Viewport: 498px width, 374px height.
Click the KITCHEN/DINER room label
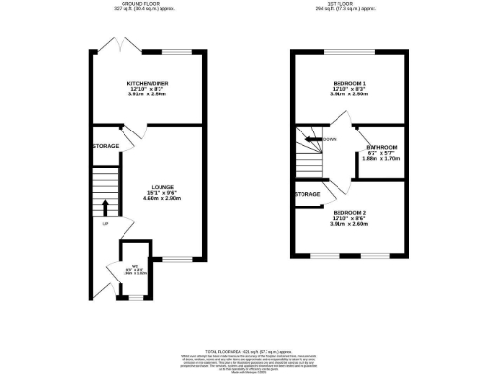pos(149,83)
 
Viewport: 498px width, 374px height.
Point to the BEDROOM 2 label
pos(349,212)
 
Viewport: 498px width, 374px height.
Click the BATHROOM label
pos(381,148)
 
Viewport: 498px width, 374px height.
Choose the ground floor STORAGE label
pos(106,146)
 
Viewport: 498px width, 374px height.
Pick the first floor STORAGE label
pos(308,194)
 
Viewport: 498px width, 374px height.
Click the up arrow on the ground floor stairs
pos(105,206)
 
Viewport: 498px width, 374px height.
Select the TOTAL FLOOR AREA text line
pos(249,348)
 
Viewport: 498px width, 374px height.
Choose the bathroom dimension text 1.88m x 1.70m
pos(381,161)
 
